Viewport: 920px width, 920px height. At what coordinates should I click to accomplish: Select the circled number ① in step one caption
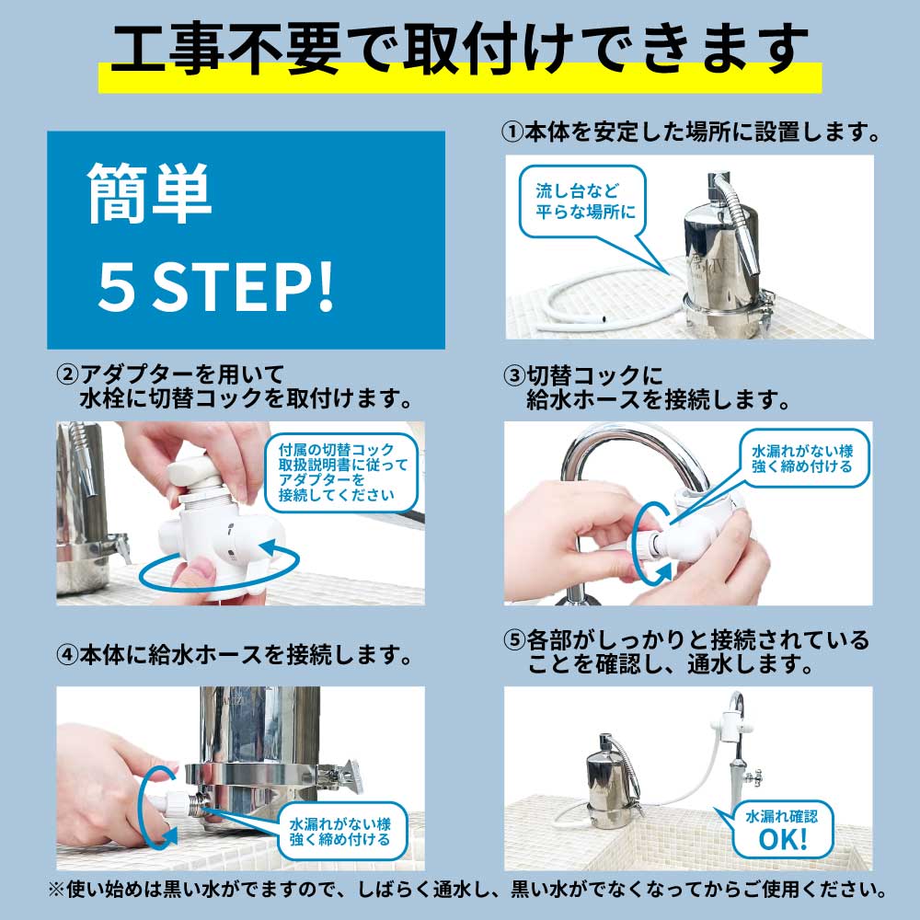512,132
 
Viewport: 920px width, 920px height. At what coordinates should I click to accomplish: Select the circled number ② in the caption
67,375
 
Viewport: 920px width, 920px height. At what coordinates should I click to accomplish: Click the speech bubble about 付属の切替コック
341,472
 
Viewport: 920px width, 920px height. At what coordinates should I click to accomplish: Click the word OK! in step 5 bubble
782,838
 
